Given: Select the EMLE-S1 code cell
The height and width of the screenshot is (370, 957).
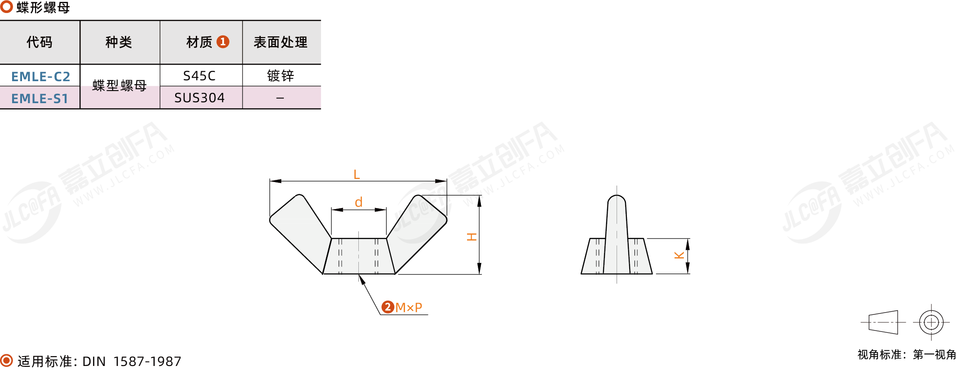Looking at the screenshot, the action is tap(40, 98).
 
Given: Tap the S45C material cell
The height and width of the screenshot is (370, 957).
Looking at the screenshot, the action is tap(199, 76).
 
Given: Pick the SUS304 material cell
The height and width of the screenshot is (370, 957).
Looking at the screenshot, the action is tap(199, 98).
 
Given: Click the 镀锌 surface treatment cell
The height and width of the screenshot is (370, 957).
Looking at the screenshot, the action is tap(281, 76).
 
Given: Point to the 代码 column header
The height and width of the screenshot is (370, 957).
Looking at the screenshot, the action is tap(40, 42).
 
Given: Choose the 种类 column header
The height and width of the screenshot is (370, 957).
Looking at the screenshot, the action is tap(119, 42).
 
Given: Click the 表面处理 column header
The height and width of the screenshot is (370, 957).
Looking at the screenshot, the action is tap(281, 42).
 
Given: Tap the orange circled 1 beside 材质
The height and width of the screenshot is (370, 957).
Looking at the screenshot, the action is tap(223, 42).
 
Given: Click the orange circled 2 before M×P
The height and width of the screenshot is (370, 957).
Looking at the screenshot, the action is tap(388, 307).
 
